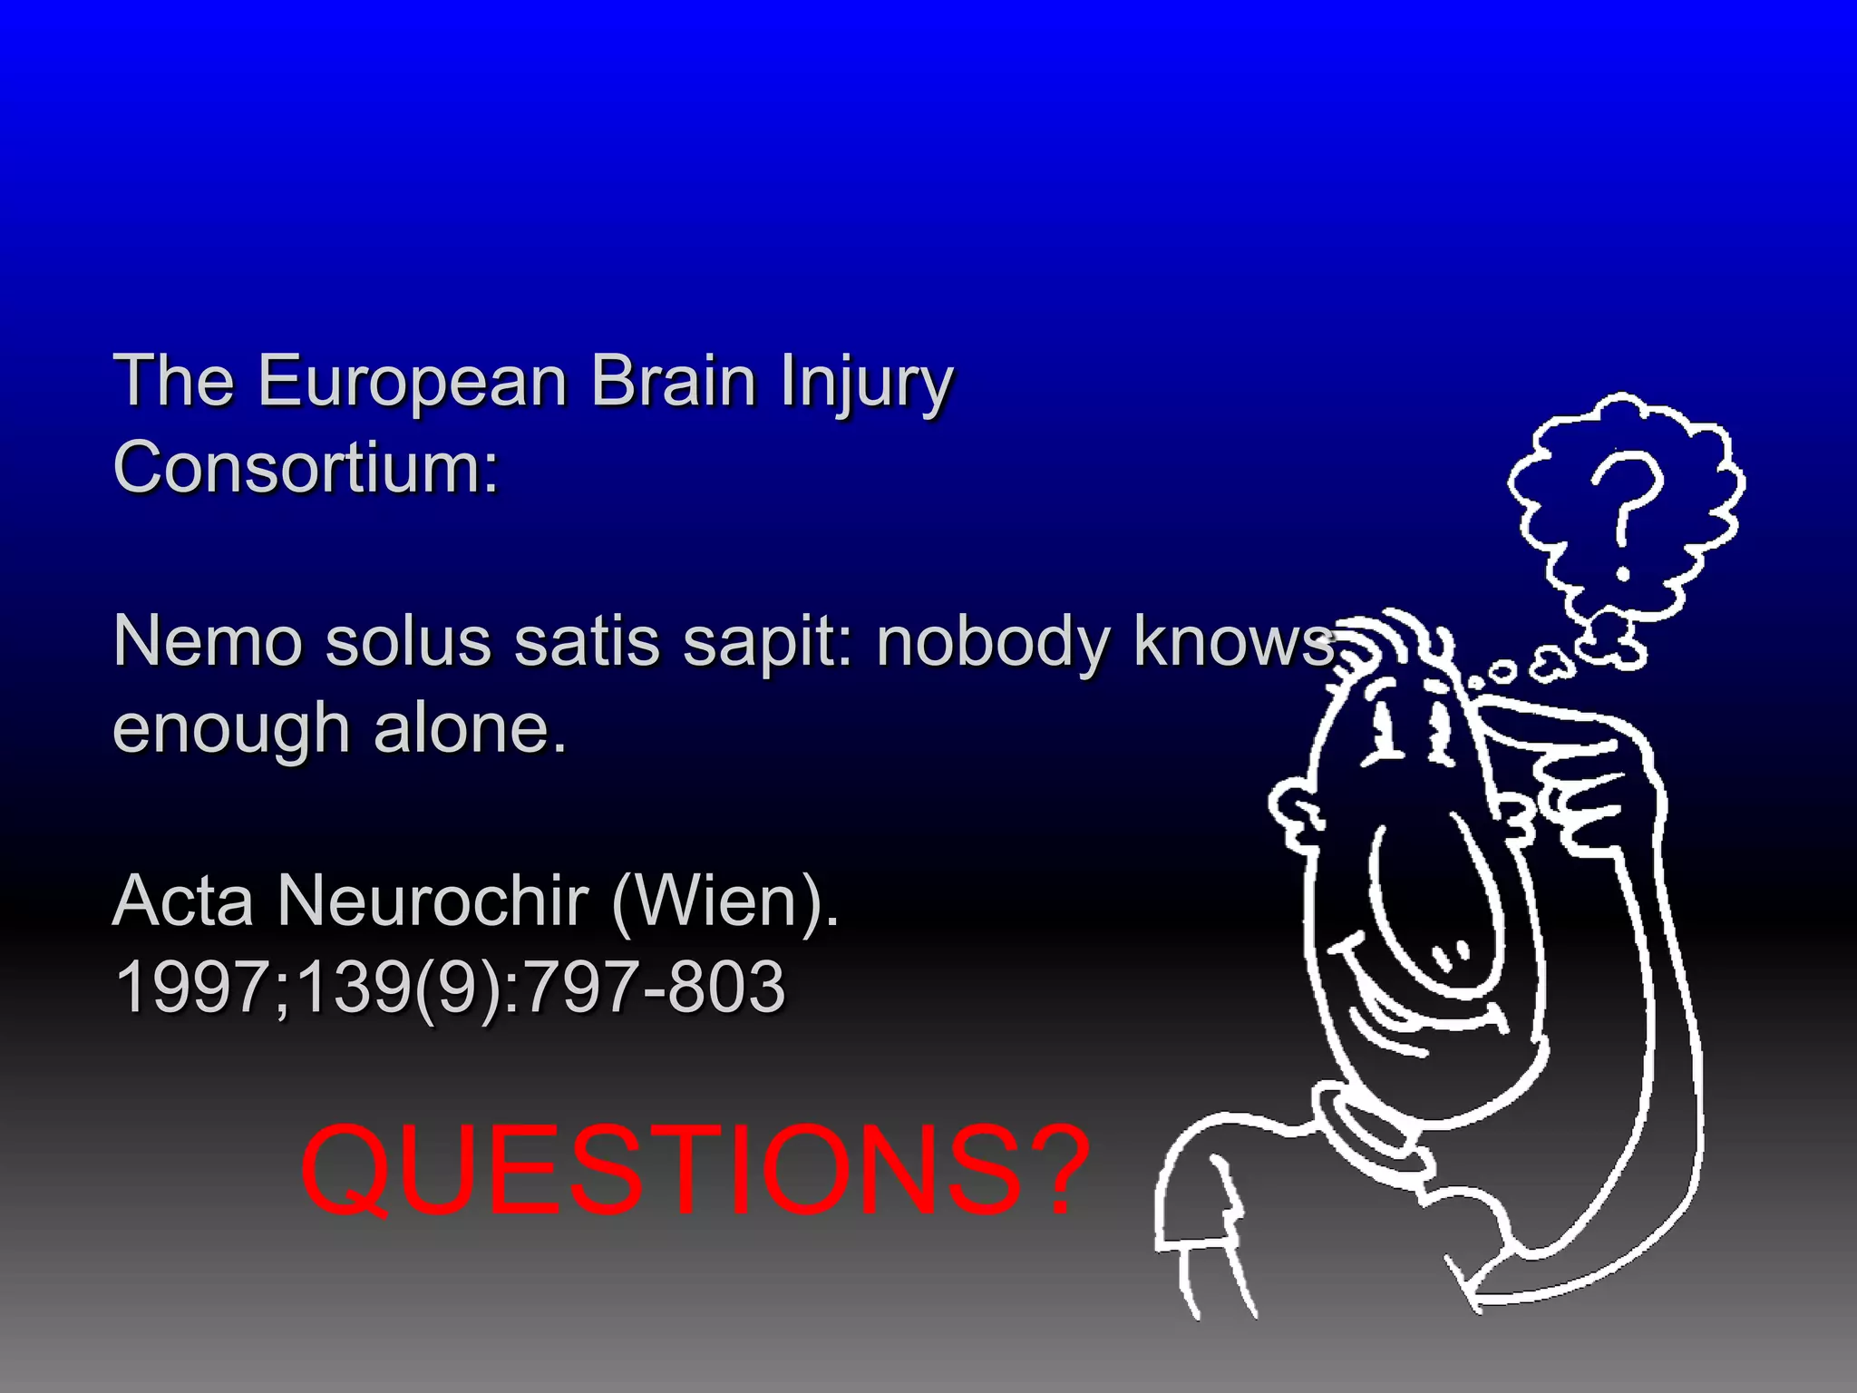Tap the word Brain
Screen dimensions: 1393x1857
coord(674,381)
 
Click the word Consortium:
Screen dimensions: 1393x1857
coord(306,466)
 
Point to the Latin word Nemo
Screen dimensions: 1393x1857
coord(207,641)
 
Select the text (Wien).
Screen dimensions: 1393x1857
coord(725,902)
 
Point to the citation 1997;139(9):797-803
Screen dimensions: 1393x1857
coord(451,987)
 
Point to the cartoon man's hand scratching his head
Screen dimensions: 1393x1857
coord(1578,771)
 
